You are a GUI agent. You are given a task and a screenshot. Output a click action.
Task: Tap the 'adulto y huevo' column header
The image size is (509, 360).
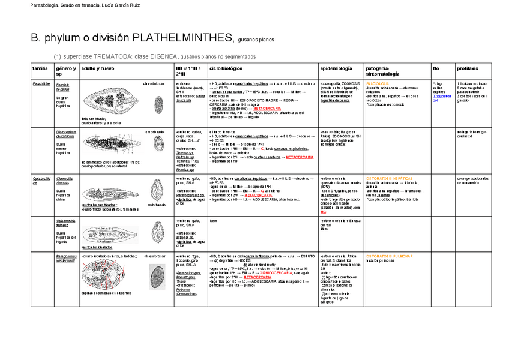click(98, 68)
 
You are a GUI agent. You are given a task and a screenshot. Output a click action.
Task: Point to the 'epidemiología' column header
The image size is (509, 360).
click(337, 68)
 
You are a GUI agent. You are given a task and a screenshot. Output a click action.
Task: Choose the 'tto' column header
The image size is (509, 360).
click(436, 68)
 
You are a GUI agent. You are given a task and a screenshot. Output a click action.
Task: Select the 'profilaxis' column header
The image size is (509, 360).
click(468, 68)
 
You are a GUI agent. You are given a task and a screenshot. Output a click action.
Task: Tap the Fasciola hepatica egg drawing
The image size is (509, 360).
click(158, 106)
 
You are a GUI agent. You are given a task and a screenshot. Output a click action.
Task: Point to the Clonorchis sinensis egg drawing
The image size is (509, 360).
click(157, 188)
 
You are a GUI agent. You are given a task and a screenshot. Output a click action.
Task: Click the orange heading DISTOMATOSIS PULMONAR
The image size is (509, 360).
click(389, 256)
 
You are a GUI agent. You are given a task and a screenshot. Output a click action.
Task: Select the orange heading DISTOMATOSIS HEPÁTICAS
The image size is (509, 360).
click(390, 178)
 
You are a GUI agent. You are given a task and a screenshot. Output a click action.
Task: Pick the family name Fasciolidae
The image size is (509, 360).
click(41, 84)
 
